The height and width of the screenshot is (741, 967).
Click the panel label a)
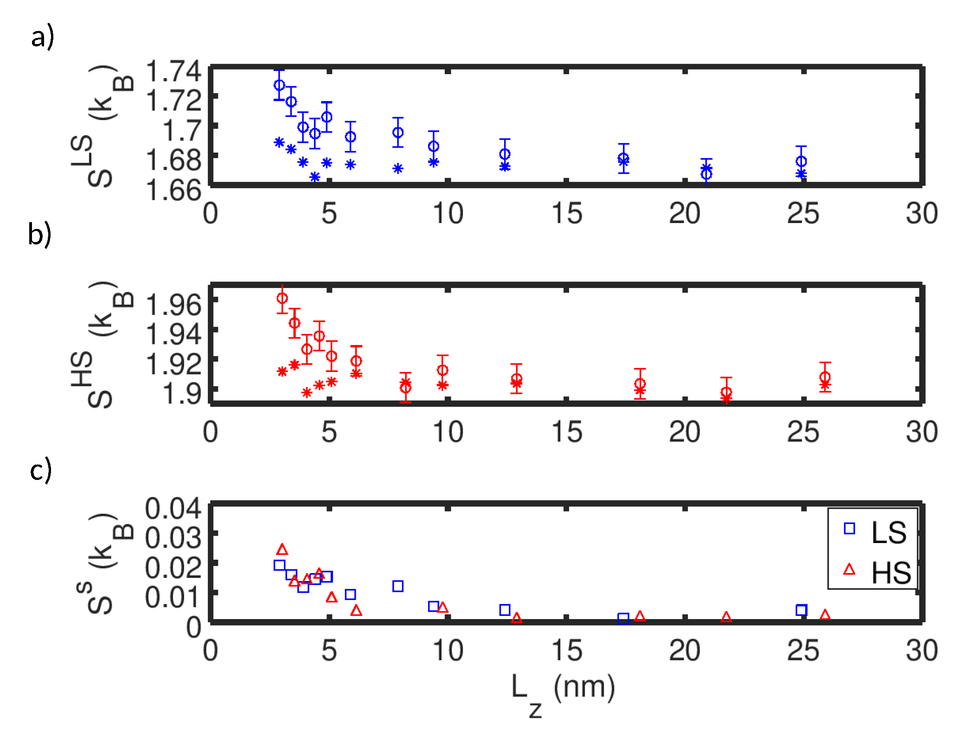(x=42, y=37)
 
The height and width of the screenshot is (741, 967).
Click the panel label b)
(x=39, y=234)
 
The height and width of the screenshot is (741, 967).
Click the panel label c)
(x=40, y=470)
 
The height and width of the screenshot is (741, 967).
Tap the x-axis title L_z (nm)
(x=563, y=691)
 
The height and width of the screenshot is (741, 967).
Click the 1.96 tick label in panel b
(x=173, y=305)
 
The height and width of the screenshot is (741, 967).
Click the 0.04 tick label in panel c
(x=173, y=508)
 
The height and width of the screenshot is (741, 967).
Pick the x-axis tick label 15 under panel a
(x=566, y=214)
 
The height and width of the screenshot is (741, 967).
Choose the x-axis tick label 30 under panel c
(x=922, y=651)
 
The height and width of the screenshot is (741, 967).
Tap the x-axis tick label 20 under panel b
(x=685, y=432)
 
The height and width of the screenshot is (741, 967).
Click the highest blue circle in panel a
(x=279, y=85)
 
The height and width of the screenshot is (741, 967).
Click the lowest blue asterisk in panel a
(x=315, y=177)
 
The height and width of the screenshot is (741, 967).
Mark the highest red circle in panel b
(x=282, y=298)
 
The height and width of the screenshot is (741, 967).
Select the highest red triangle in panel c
(x=282, y=550)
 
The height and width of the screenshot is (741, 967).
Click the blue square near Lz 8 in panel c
(x=397, y=586)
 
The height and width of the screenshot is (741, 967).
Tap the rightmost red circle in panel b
(x=825, y=377)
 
